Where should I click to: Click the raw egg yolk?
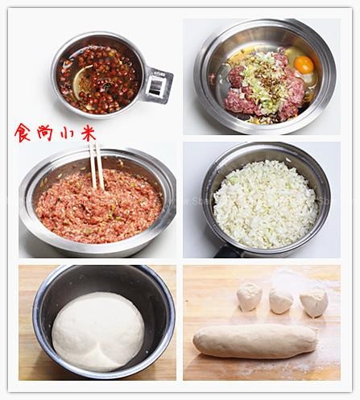click(x=304, y=64)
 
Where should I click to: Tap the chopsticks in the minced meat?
click(x=97, y=166)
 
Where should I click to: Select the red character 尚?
click(x=44, y=132)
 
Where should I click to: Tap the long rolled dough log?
click(x=255, y=340)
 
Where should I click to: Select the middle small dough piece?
click(x=281, y=301)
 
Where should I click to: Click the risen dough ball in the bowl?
click(x=98, y=332)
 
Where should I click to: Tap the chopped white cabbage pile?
click(x=265, y=204)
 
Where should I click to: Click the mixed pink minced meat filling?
click(x=99, y=207)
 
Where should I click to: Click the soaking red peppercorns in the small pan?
click(x=99, y=79)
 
